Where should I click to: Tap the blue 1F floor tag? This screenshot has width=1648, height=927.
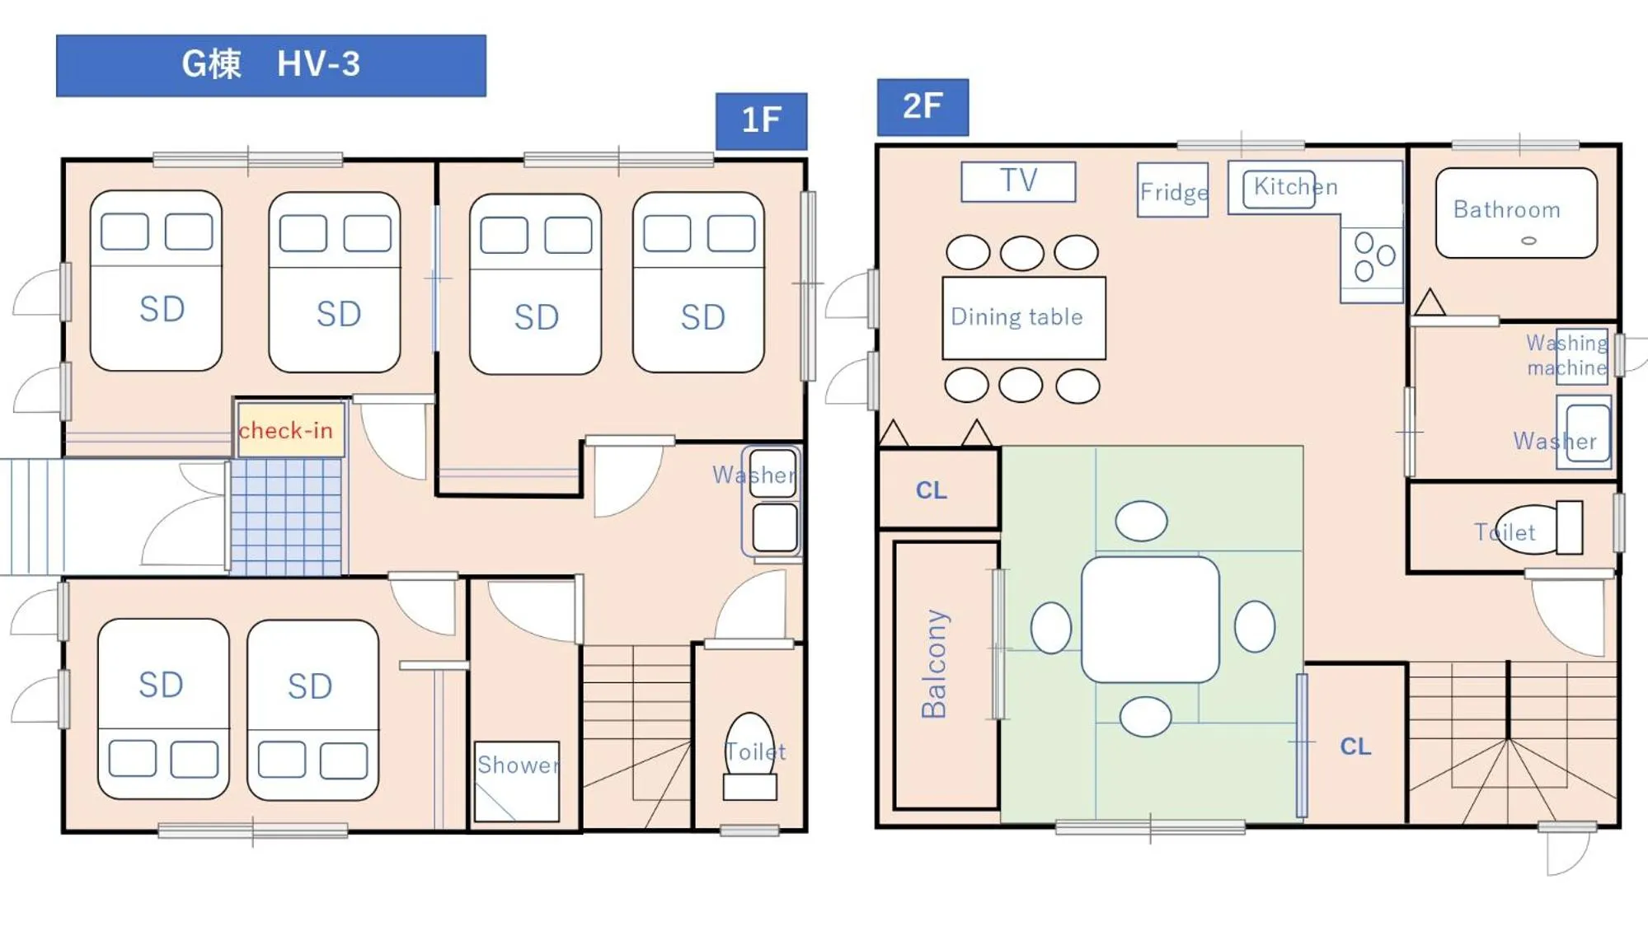pos(761,120)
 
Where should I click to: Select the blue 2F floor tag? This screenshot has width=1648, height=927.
pos(922,107)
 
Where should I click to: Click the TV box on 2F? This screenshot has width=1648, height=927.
pos(1018,181)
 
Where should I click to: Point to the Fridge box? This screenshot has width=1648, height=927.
pos(1172,190)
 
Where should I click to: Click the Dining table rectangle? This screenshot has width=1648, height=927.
pos(1023,318)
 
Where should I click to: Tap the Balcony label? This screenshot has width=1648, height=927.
pos(935,664)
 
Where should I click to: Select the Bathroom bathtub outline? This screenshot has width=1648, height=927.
pos(1515,213)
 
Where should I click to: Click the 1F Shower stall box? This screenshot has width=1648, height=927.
pos(517,780)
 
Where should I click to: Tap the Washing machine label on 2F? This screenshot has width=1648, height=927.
pos(1566,355)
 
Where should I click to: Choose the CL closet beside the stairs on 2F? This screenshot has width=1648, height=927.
pos(1355,746)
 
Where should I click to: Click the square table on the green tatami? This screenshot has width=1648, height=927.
pos(1150,620)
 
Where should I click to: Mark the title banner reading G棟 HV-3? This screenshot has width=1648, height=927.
pos(270,65)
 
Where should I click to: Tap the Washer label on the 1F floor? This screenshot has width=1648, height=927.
pos(752,475)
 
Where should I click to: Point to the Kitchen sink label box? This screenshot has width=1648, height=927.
pos(1279,189)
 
